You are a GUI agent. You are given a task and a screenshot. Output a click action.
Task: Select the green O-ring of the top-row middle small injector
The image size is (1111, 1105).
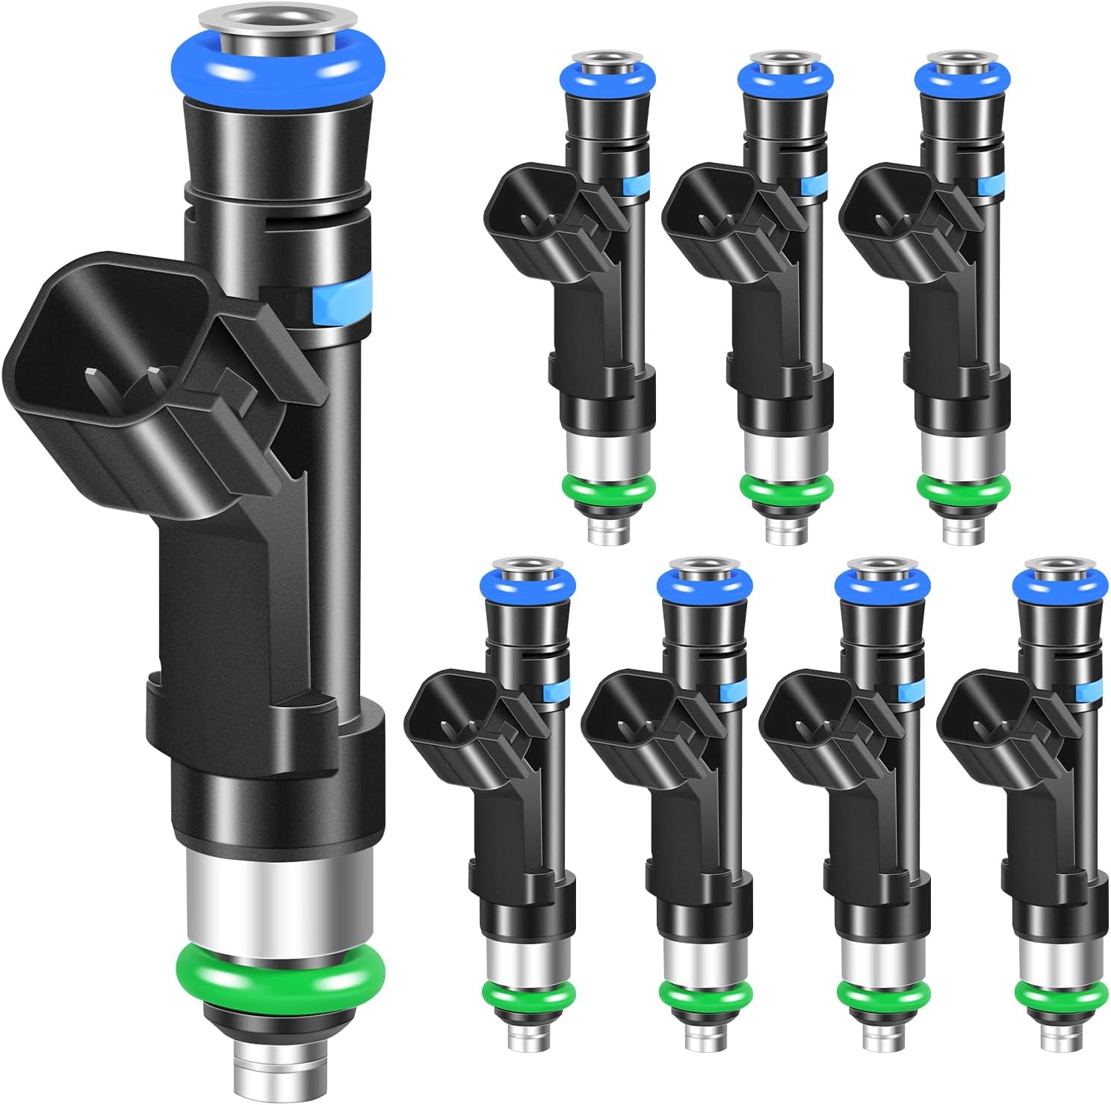tap(786, 489)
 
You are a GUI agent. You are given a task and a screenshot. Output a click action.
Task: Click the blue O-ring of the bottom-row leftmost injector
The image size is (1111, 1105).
tap(527, 583)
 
